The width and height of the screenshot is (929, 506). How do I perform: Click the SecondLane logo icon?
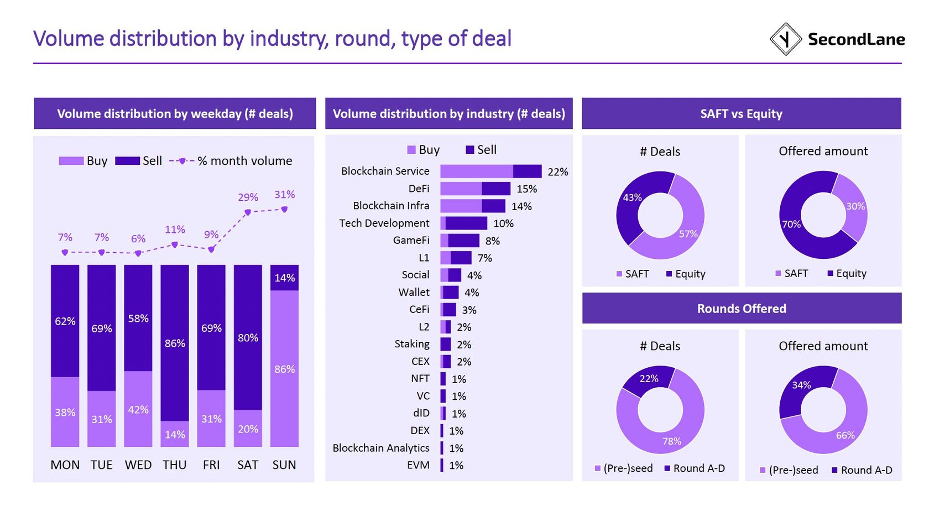[x=785, y=39]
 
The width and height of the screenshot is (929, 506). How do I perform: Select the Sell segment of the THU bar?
[x=175, y=343]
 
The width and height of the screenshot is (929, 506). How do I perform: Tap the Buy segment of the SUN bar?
[x=284, y=368]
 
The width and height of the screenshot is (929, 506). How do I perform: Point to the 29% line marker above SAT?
[x=248, y=212]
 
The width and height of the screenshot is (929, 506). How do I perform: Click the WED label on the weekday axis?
[x=138, y=465]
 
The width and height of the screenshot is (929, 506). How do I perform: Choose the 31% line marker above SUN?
[x=284, y=209]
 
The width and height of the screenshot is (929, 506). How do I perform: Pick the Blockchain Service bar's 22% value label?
[x=557, y=172]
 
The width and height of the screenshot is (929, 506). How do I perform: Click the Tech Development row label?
[x=384, y=223]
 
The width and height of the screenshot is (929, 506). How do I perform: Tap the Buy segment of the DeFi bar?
[x=461, y=189]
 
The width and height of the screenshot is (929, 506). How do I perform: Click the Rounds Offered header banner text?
[x=741, y=309]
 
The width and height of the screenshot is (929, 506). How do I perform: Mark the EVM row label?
[x=418, y=465]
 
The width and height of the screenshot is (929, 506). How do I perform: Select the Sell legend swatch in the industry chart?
[x=470, y=150]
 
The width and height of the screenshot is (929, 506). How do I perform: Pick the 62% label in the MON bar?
[x=65, y=321]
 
